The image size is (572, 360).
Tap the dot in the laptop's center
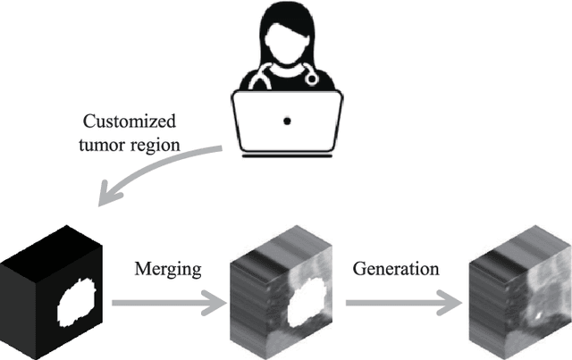(286, 119)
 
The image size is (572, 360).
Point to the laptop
(286, 121)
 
